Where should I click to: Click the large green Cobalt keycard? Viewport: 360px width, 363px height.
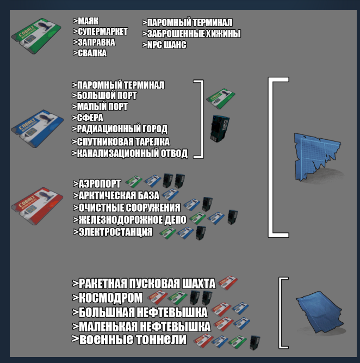click(36, 36)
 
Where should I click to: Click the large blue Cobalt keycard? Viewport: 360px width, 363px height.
click(37, 129)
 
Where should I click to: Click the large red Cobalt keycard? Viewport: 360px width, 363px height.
click(37, 206)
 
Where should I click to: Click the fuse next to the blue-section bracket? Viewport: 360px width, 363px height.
click(220, 128)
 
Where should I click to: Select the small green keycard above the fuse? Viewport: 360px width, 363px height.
click(221, 99)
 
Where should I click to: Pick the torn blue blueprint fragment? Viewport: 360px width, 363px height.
click(318, 157)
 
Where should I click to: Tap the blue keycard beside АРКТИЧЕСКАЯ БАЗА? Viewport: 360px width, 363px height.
click(170, 194)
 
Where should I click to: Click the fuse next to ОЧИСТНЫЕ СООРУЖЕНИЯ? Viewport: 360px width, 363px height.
click(207, 204)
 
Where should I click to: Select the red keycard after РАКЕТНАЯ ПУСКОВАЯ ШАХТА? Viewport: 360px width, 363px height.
click(228, 282)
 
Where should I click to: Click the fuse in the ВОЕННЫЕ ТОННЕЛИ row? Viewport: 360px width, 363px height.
click(255, 342)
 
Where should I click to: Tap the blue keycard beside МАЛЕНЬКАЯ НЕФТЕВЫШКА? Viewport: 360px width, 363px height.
click(241, 323)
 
